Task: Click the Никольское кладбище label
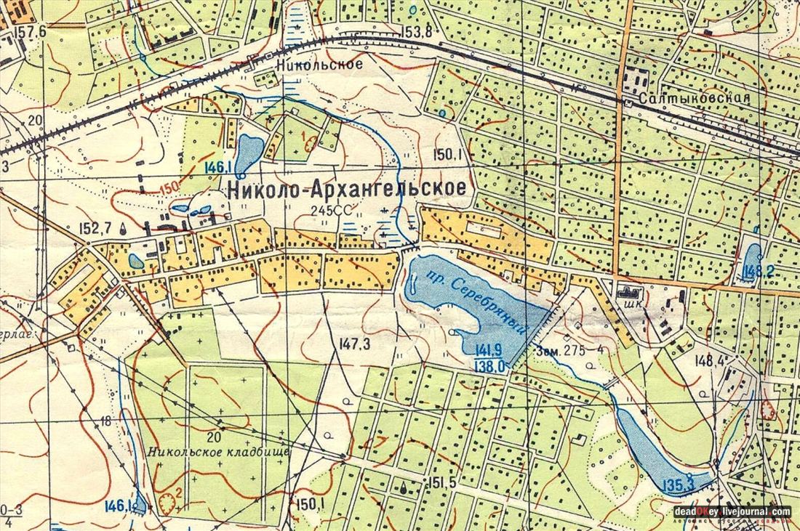click(218, 451)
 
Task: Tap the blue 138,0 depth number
click(489, 366)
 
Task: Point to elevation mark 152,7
click(95, 229)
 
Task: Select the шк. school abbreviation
click(623, 306)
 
